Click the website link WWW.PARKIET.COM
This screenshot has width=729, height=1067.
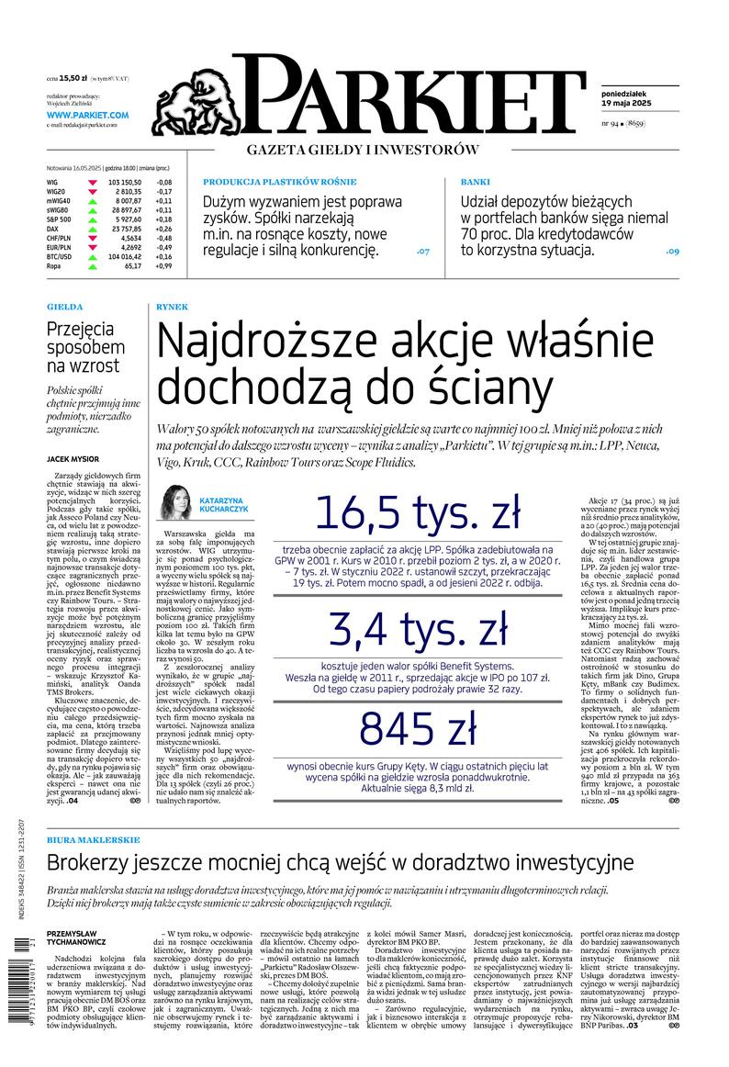point(87,114)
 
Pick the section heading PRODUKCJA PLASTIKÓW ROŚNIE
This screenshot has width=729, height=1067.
point(279,182)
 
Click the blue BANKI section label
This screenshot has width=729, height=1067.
point(476,182)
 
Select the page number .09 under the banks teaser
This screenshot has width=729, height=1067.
point(672,251)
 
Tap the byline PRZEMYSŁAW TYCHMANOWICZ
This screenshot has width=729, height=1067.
point(76,936)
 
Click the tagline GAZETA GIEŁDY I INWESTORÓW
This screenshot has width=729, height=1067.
point(364,150)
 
